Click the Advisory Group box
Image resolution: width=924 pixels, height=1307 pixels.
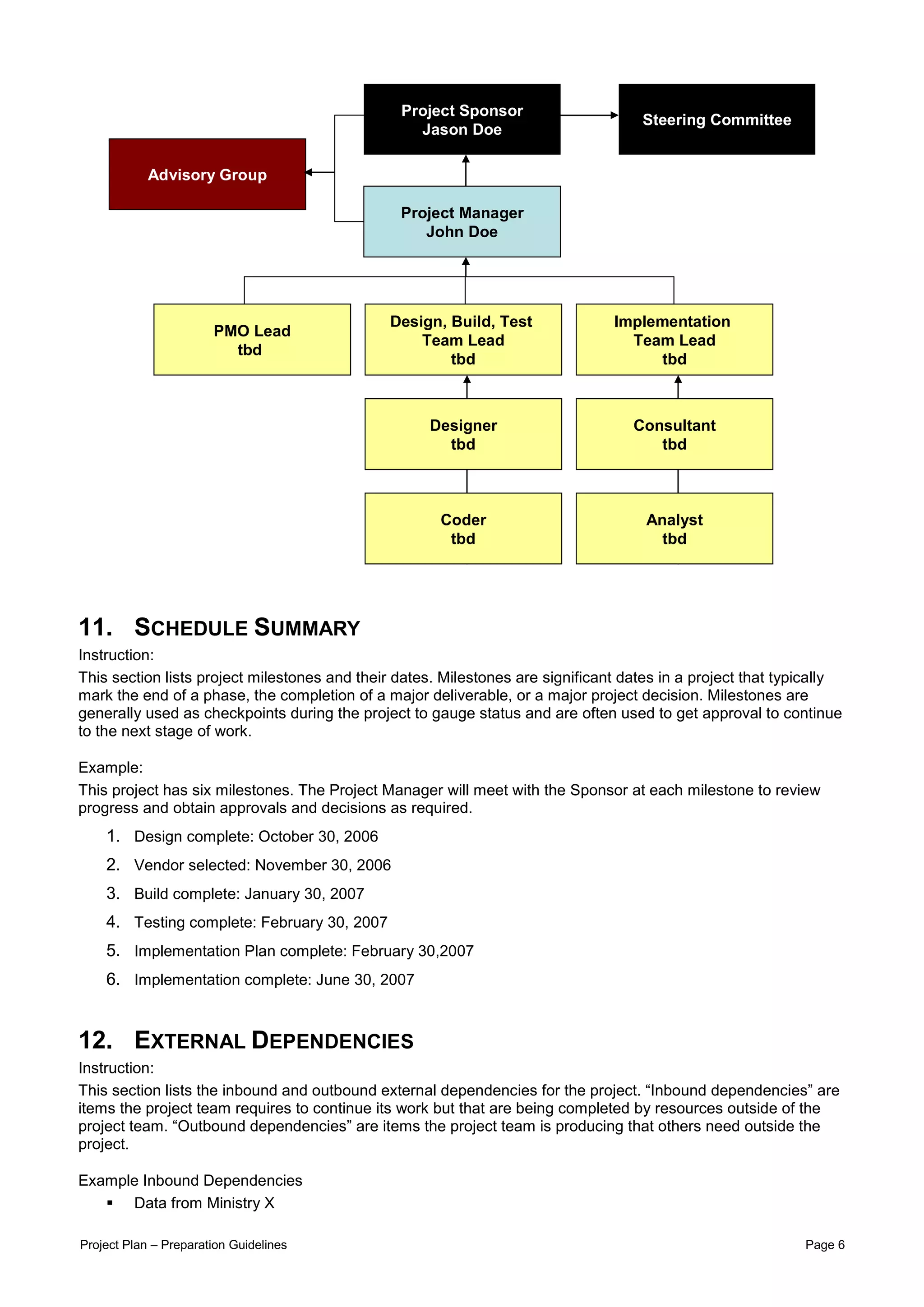tap(207, 174)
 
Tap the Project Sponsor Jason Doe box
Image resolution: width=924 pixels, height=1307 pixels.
tap(462, 120)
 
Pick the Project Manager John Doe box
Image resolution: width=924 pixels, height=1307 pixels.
tap(462, 221)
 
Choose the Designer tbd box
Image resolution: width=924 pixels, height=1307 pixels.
tap(463, 434)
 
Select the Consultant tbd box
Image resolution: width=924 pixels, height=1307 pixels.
tap(674, 434)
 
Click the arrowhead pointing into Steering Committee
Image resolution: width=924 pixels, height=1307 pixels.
tap(614, 115)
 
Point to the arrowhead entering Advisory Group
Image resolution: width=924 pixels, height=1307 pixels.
tap(309, 172)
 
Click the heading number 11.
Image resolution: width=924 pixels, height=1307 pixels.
tap(95, 627)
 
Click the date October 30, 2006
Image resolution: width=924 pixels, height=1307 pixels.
tap(318, 836)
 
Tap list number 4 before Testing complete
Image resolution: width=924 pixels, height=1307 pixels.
tap(113, 921)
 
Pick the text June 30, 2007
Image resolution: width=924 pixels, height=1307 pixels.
tap(365, 979)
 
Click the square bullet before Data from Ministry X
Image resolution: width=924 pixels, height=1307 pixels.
tap(110, 1203)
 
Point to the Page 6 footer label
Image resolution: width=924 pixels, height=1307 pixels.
tap(824, 1244)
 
